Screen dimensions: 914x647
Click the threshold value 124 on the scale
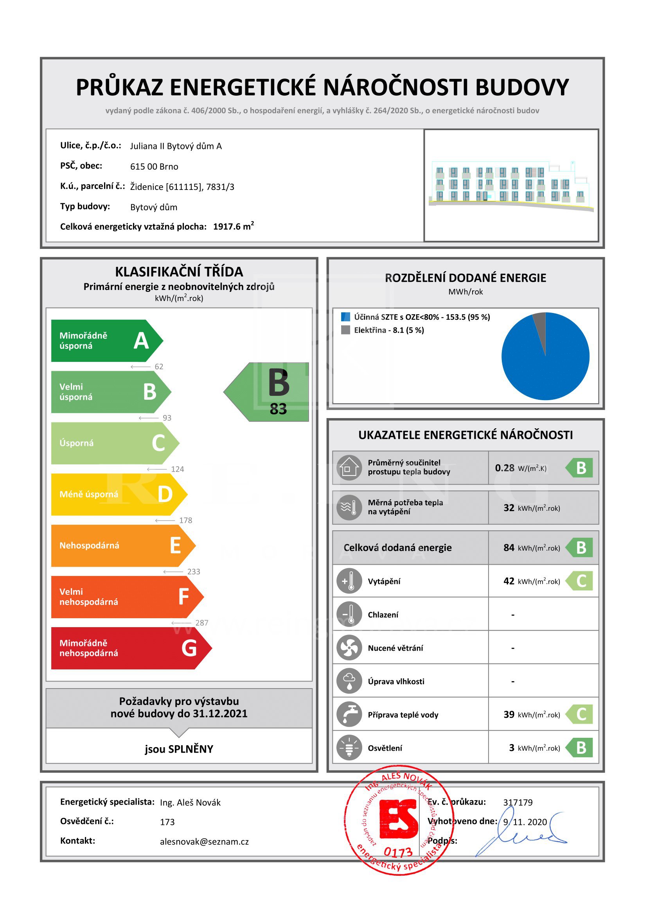(177, 469)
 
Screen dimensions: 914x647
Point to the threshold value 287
(201, 622)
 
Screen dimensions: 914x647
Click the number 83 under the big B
(278, 409)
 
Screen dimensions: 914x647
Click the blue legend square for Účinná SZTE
(345, 317)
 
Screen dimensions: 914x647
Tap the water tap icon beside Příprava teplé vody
(349, 714)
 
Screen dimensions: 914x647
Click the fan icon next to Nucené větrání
(349, 647)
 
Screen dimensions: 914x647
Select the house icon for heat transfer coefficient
(349, 467)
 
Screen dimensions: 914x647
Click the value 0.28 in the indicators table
(504, 468)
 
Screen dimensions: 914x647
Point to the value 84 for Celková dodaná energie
(509, 548)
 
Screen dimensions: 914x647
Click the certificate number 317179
(518, 802)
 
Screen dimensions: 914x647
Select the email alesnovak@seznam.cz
(204, 842)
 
